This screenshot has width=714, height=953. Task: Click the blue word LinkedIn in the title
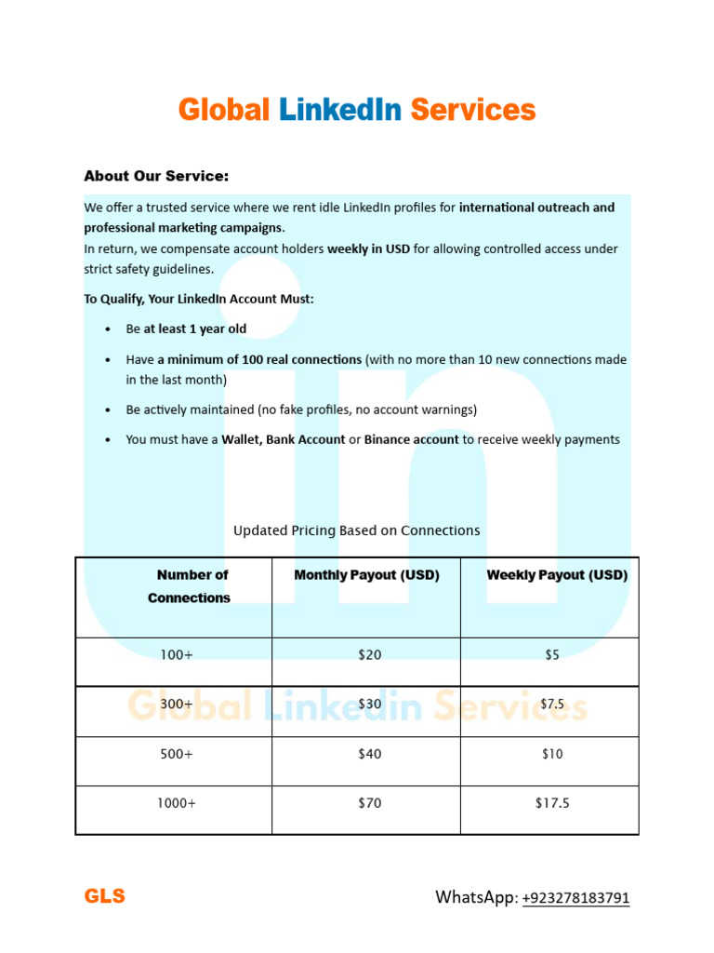tap(340, 110)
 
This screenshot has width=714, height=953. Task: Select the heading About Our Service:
tap(156, 176)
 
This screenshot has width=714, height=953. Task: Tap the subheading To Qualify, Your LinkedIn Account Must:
tap(199, 299)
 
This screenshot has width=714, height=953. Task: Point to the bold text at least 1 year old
tap(195, 329)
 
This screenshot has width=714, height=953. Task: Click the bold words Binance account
tap(411, 440)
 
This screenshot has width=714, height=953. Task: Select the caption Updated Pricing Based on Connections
tap(356, 530)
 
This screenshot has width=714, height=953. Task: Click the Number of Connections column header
tap(190, 586)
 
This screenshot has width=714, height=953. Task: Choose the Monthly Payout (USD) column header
tap(366, 575)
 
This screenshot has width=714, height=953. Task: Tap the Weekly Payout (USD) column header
tap(556, 575)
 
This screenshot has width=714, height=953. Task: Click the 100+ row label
tap(176, 655)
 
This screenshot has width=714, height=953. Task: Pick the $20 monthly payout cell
tap(369, 655)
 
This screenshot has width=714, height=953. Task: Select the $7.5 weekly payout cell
tap(552, 705)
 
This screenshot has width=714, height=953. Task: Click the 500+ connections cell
tap(176, 754)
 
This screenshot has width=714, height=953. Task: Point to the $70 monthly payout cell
tap(369, 803)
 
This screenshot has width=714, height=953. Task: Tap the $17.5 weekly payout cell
tap(552, 803)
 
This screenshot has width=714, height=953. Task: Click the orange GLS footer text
tap(104, 897)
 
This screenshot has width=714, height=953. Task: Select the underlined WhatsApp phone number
tap(575, 898)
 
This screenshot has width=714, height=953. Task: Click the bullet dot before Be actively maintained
tap(109, 410)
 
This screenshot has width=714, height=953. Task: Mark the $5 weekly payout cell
tap(552, 655)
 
